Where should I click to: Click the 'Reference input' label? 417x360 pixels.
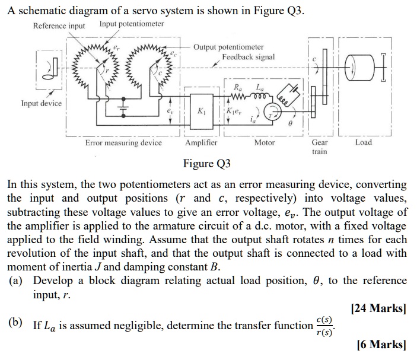tap(59, 26)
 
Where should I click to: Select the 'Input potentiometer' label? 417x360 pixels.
tap(132, 24)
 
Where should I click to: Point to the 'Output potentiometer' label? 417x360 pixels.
tap(228, 47)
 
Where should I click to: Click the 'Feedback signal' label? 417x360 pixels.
tap(249, 57)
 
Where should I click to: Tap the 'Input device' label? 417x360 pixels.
tap(42, 103)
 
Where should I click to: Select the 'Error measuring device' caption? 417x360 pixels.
tap(123, 143)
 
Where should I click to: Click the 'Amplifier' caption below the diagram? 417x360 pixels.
tap(201, 143)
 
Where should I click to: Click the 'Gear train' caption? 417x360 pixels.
tap(319, 147)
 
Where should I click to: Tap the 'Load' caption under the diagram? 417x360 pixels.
tap(363, 143)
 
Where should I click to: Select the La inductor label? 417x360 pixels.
tap(259, 87)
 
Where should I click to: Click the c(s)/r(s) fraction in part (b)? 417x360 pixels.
tap(323, 326)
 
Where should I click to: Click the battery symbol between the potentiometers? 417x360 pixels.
tap(124, 109)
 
